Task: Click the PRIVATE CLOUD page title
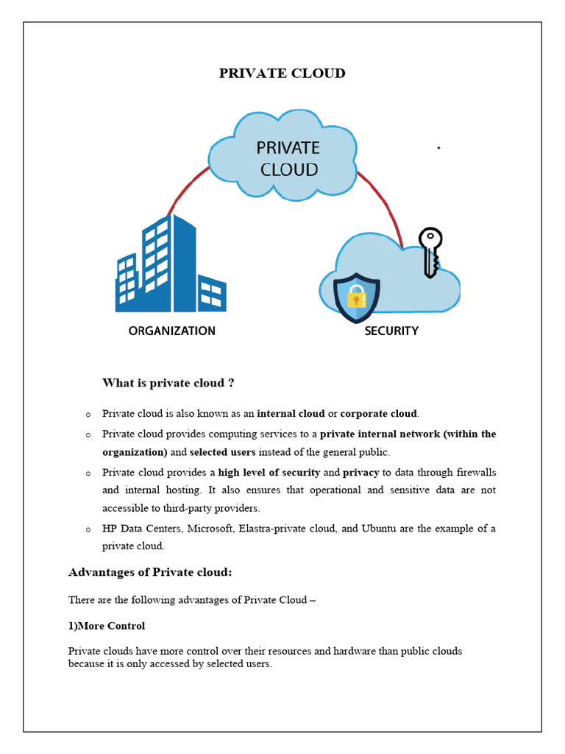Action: pos(282,73)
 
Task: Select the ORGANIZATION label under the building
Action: pos(172,331)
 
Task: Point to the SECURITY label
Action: pos(391,331)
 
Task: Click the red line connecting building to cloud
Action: pos(184,188)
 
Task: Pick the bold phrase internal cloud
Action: pos(291,414)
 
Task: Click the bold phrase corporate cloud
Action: pos(378,414)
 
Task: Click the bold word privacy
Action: pos(360,472)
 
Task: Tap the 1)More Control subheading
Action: pos(107,626)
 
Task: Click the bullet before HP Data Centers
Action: pos(88,529)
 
